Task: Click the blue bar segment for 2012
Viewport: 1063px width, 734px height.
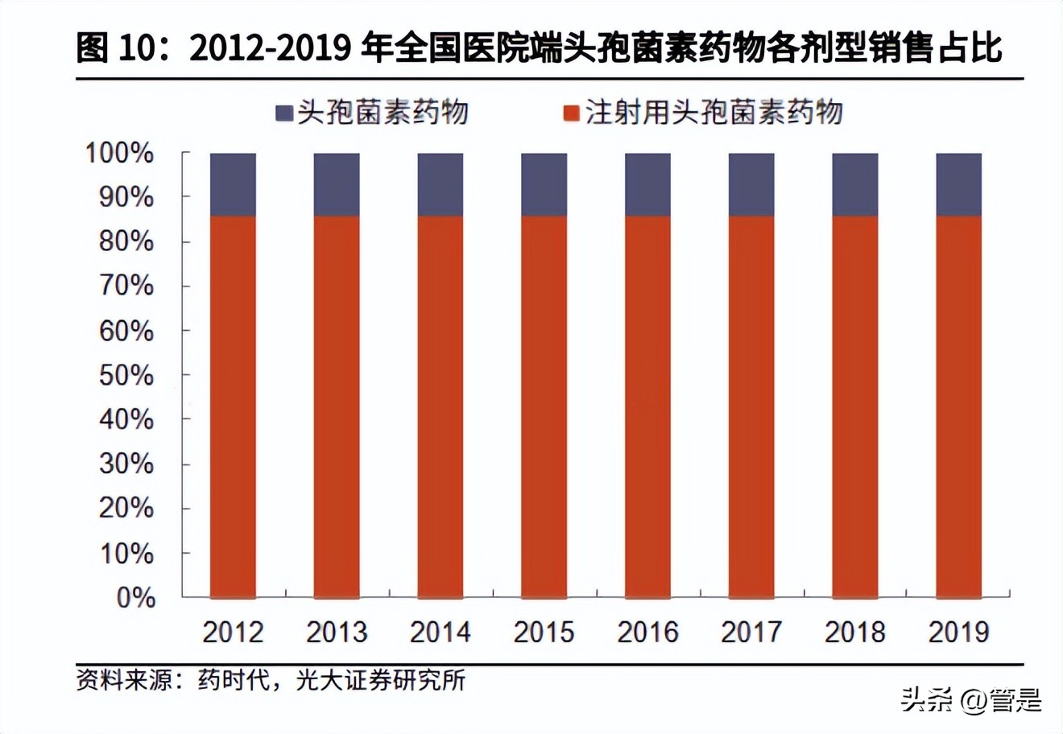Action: click(233, 184)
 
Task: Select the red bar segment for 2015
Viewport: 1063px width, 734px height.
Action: click(544, 406)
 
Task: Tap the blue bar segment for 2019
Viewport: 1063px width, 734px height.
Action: click(958, 184)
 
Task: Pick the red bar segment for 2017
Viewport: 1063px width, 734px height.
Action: click(751, 406)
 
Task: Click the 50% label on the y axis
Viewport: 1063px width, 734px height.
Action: click(126, 375)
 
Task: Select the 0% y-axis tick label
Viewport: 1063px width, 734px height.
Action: click(135, 598)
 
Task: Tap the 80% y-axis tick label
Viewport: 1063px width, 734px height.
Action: click(126, 241)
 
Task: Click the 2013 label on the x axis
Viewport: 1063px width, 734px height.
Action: click(336, 632)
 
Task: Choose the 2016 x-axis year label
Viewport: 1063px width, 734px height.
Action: click(647, 632)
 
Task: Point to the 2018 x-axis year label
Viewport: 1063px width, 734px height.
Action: click(854, 632)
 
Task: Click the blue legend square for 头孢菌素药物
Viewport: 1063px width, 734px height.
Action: click(284, 113)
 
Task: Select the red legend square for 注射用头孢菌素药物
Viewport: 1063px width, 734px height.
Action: click(571, 113)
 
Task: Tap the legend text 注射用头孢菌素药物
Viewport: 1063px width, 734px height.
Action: click(713, 113)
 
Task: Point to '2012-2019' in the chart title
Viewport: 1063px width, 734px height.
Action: click(270, 48)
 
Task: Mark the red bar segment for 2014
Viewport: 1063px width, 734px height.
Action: click(441, 406)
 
